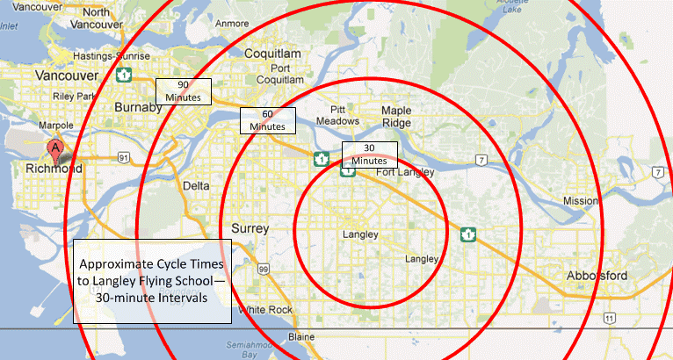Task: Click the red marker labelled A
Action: coord(56,151)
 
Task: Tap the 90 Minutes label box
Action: coord(184,91)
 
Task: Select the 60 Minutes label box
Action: coord(267,121)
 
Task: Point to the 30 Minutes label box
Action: coord(369,155)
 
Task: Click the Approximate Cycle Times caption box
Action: coord(152,280)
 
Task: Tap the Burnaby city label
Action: coord(139,107)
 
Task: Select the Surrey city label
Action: coord(250,229)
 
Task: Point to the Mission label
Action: coord(580,201)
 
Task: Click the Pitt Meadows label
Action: coord(338,114)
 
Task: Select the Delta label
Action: coord(196,186)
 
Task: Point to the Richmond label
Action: coord(54,169)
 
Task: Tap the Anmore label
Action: coord(230,23)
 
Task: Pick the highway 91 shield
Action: coord(125,157)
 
